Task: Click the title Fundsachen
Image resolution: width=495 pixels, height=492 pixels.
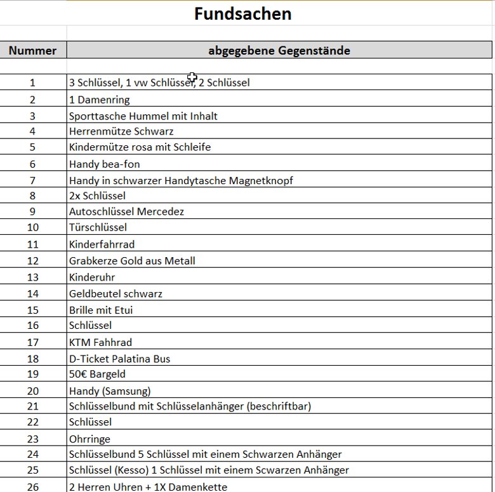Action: [242, 13]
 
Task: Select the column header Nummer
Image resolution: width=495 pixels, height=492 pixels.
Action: [32, 51]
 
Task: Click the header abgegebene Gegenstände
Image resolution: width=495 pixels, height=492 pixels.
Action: [279, 51]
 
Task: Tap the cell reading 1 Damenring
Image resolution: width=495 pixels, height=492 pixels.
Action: [99, 100]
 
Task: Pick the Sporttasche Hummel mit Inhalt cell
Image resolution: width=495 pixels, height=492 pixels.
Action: [143, 116]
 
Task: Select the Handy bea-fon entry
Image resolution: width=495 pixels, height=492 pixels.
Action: [104, 164]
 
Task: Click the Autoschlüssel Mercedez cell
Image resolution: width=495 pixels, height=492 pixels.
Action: [126, 211]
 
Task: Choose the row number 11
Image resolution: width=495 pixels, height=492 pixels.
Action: [33, 244]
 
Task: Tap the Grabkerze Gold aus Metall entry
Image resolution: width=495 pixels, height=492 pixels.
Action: [132, 261]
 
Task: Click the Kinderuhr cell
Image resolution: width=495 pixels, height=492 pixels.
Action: [92, 277]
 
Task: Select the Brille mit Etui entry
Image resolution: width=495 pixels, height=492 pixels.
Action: [101, 310]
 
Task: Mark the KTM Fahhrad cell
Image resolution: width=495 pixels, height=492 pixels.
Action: [100, 342]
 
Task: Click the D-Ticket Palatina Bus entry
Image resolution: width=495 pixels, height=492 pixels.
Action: [119, 359]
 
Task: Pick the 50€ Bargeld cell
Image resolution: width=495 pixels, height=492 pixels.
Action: [97, 375]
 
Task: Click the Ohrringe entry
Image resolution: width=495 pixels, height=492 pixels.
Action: [89, 439]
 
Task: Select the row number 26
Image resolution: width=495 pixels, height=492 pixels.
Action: [33, 487]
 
